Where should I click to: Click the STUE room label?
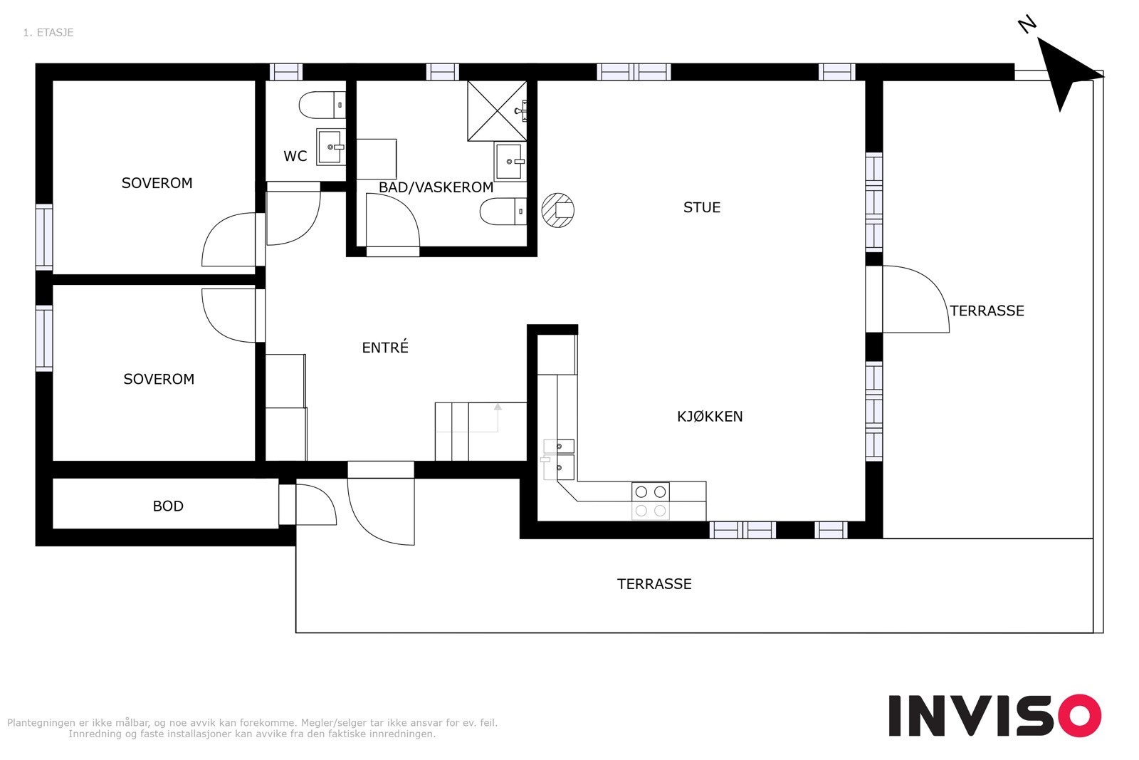[702, 207]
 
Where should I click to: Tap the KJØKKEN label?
[710, 417]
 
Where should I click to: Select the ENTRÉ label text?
[385, 347]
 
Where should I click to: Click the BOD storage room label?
[168, 506]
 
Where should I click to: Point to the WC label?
[295, 156]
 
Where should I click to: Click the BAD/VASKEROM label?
[436, 187]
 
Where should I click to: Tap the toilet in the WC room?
[322, 105]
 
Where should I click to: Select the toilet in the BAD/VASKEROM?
[503, 212]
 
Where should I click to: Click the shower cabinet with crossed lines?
[498, 111]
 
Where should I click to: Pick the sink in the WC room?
[331, 147]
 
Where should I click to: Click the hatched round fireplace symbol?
[558, 210]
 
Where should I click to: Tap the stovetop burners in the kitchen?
[651, 501]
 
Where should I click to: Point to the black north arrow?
[1065, 74]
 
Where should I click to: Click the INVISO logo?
[994, 715]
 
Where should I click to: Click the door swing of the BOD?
[316, 504]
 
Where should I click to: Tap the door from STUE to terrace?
[915, 299]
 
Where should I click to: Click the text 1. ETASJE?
[48, 33]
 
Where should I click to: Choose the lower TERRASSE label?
[654, 584]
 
